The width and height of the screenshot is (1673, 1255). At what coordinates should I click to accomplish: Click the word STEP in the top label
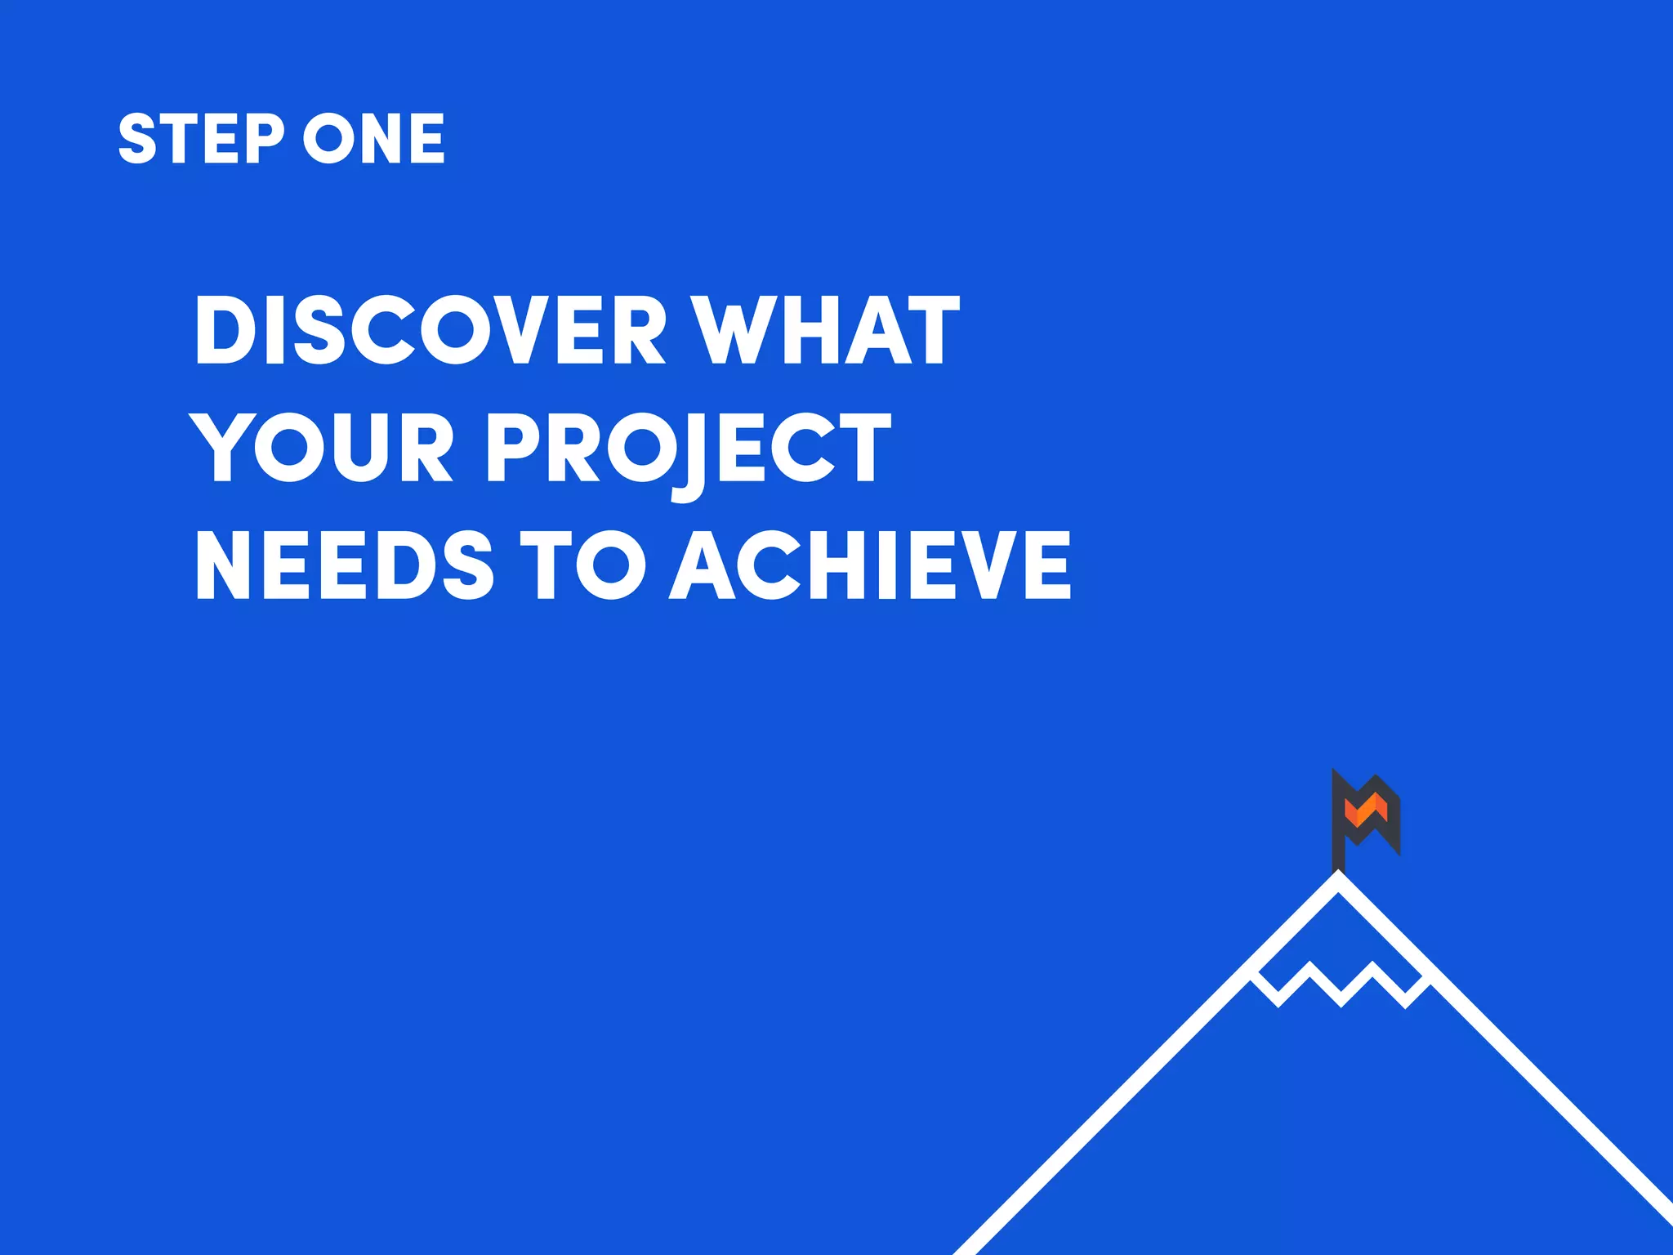pos(201,138)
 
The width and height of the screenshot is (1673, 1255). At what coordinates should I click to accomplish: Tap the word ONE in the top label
pos(374,138)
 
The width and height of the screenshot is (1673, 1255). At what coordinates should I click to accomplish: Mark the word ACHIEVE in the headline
pos(870,565)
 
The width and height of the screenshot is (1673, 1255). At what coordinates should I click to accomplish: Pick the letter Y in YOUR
pos(218,447)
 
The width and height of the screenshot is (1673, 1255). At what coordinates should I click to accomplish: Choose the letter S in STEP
pos(137,138)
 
